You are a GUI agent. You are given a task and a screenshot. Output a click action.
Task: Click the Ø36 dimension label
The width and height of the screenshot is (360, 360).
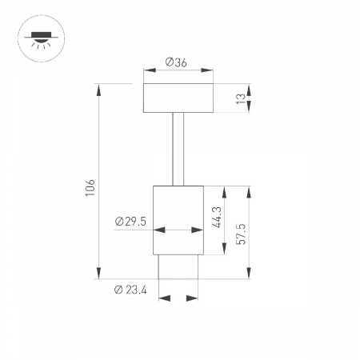click(177, 62)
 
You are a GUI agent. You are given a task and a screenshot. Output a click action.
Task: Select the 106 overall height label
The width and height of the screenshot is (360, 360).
click(90, 187)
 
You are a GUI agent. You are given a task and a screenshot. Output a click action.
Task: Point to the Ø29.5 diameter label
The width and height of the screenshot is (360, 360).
click(131, 222)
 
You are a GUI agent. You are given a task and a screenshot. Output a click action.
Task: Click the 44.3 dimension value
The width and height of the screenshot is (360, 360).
click(217, 217)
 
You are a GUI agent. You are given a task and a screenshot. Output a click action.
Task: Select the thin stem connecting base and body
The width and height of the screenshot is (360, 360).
click(178, 149)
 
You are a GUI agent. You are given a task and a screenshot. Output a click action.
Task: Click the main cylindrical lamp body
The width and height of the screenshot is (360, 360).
click(178, 220)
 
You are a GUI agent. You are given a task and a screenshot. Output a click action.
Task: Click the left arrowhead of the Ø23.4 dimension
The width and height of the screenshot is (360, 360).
click(164, 298)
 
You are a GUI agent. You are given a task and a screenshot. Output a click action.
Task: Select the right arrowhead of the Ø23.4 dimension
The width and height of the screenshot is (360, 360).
click(193, 298)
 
